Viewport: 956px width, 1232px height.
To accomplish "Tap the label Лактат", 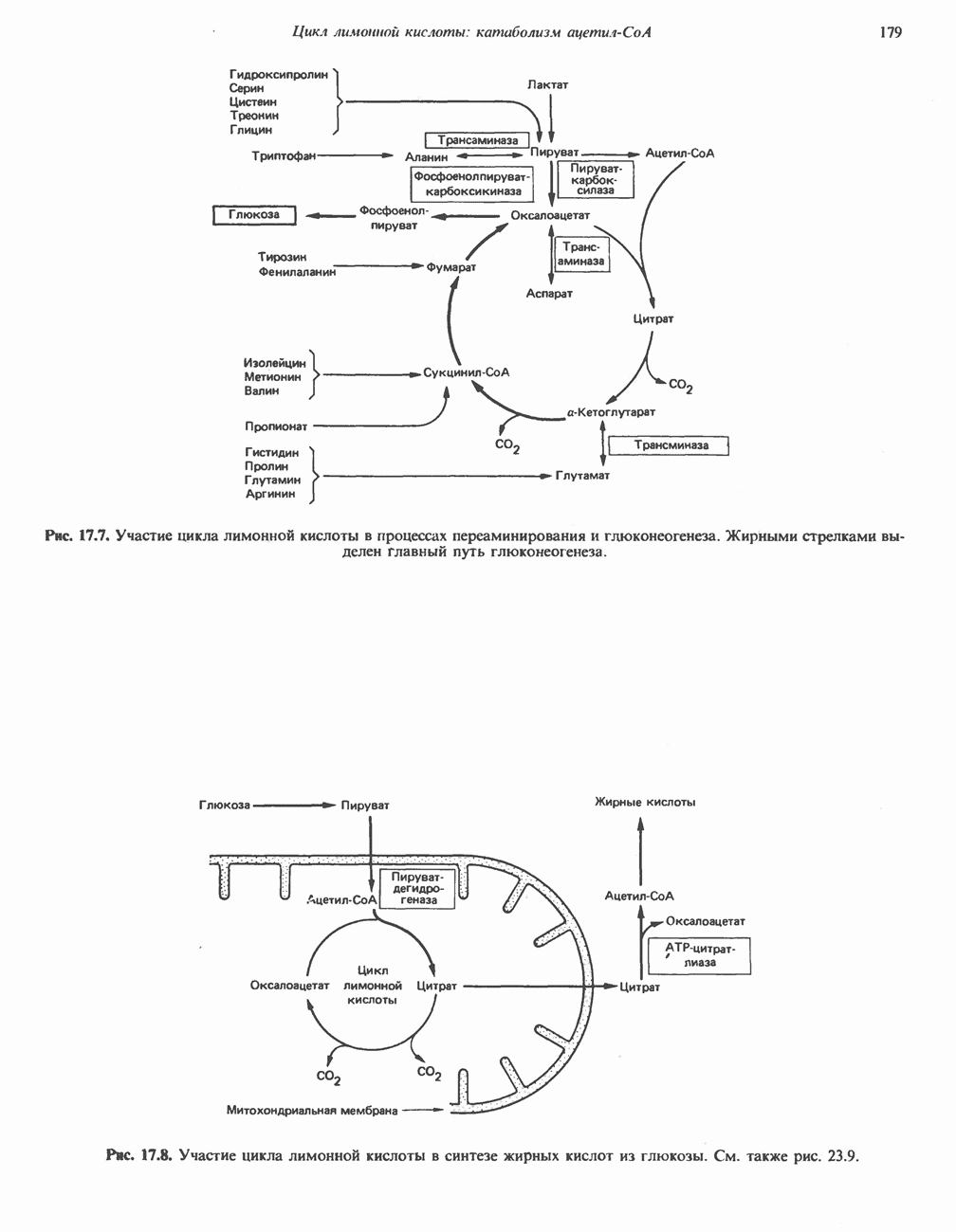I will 547,85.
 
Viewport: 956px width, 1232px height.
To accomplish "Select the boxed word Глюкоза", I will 254,215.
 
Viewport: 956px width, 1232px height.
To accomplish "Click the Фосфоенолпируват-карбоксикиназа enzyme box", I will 471,183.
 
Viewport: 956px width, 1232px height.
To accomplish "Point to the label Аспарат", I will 549,294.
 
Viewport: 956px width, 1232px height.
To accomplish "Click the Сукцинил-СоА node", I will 467,372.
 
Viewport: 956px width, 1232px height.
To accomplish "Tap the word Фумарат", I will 450,268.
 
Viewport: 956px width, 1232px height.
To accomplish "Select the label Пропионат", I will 276,426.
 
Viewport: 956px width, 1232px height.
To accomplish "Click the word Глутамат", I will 582,476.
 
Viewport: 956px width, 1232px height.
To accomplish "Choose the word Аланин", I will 426,157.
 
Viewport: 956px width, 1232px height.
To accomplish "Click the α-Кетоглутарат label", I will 611,412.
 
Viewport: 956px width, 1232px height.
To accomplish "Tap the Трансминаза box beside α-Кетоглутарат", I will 670,444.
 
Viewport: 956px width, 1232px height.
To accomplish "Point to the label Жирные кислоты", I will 645,803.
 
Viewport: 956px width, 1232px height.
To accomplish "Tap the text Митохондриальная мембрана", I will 312,1109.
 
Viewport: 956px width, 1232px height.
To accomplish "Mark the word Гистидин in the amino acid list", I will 272,453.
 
